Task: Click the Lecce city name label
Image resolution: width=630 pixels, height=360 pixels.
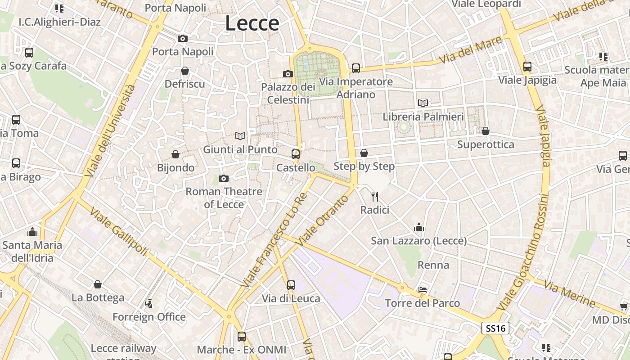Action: [252, 23]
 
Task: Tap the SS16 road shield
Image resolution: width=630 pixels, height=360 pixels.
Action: [495, 328]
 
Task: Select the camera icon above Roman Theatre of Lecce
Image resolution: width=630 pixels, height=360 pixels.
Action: [224, 179]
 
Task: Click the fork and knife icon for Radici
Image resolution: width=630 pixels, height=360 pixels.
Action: [374, 196]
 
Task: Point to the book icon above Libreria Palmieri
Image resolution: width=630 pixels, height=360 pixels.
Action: [423, 103]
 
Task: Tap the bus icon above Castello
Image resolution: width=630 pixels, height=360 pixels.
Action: [296, 154]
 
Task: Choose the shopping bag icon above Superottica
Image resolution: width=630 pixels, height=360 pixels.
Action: [485, 131]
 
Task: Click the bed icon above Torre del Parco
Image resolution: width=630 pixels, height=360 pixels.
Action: [423, 289]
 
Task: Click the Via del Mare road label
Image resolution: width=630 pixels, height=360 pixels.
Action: [471, 50]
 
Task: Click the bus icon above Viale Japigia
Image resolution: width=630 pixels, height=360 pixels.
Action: [527, 67]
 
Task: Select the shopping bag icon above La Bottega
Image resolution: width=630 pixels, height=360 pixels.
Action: [98, 284]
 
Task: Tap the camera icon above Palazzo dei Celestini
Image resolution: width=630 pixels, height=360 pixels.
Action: [288, 74]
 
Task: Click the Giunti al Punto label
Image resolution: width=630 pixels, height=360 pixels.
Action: [240, 149]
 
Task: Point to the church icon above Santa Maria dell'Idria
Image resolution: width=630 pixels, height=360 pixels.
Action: [32, 232]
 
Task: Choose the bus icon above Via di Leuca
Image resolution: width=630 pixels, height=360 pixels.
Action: [291, 285]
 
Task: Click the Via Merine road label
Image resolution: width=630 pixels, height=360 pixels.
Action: [569, 293]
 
